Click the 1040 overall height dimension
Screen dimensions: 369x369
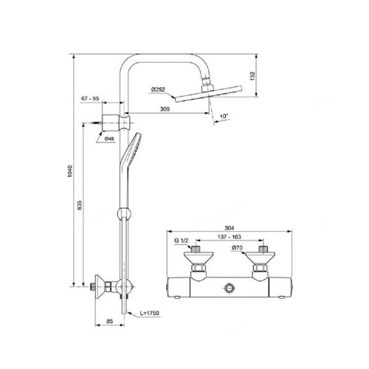coord(70,171)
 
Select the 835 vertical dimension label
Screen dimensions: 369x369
coord(80,205)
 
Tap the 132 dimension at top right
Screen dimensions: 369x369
coord(252,76)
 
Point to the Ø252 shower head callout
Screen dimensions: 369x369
coord(158,89)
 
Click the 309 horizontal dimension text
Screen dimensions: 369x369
coord(165,109)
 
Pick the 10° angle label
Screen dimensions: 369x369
coord(224,116)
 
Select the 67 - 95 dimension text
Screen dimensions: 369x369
coord(90,98)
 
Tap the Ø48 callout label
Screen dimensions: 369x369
coord(109,139)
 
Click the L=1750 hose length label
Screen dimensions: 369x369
coord(150,313)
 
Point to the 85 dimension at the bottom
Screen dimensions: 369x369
coord(109,321)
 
